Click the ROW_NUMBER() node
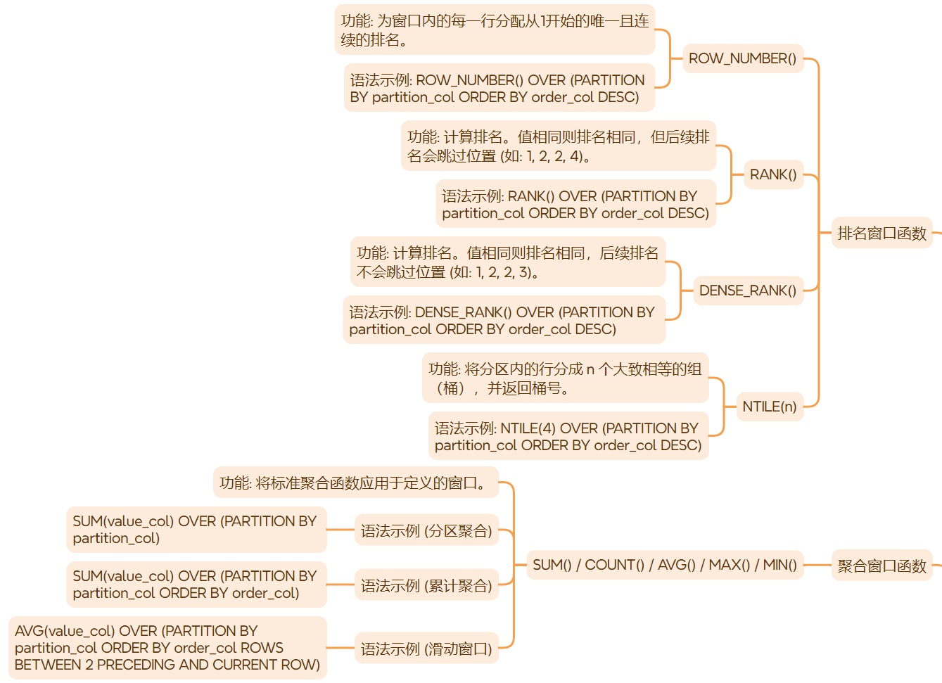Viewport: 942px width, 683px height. [x=742, y=58]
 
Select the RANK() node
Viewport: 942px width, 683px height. [x=773, y=174]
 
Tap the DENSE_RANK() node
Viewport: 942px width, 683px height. [x=747, y=291]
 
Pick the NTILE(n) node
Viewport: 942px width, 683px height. [x=770, y=407]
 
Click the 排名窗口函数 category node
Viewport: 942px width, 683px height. [x=881, y=234]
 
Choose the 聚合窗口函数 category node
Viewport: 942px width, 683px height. [x=881, y=566]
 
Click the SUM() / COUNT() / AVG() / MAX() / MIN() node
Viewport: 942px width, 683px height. [x=664, y=565]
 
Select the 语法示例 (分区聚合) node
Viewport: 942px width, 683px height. [x=426, y=531]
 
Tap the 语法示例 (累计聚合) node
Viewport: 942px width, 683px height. [x=426, y=585]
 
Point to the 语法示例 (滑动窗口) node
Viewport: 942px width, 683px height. [x=426, y=649]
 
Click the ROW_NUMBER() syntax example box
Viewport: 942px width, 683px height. [x=498, y=89]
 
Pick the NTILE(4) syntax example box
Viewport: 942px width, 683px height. [x=568, y=437]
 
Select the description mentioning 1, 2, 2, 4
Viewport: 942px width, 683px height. [x=558, y=146]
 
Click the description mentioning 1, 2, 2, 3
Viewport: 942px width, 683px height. [x=507, y=262]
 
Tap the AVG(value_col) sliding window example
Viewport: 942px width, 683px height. [x=167, y=648]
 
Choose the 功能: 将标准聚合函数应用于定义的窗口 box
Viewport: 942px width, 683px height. [x=355, y=483]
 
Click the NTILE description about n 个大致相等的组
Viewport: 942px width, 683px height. [x=565, y=378]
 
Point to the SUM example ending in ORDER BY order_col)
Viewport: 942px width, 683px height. [x=196, y=585]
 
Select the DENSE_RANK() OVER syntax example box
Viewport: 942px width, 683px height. [x=503, y=321]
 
